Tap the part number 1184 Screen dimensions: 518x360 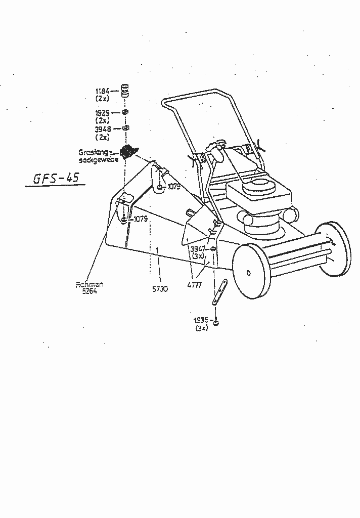[103, 92]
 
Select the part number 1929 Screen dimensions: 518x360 [103, 113]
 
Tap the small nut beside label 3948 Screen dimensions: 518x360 [124, 128]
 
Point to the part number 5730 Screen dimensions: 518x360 [160, 289]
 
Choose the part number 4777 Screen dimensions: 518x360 [195, 285]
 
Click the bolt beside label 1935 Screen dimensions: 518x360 [216, 322]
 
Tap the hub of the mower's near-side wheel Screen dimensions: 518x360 [248, 273]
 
